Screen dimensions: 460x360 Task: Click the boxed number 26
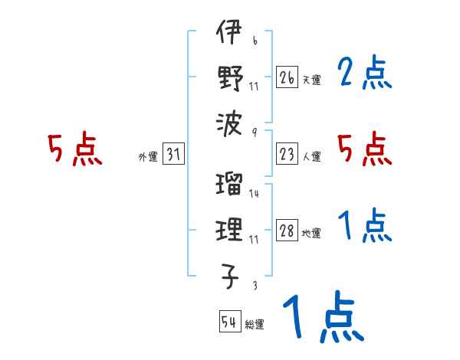(286, 77)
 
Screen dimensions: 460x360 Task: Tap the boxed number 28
(286, 231)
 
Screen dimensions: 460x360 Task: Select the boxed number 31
(173, 155)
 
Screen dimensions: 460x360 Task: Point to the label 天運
(310, 79)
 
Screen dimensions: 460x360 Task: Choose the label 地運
(310, 234)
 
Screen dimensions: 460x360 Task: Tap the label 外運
(147, 157)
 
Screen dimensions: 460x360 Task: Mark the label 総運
(254, 324)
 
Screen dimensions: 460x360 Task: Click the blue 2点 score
(364, 74)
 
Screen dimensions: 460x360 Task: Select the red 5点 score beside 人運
(364, 149)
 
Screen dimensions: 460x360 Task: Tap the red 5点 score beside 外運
(75, 149)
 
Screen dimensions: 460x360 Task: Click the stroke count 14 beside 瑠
(254, 193)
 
